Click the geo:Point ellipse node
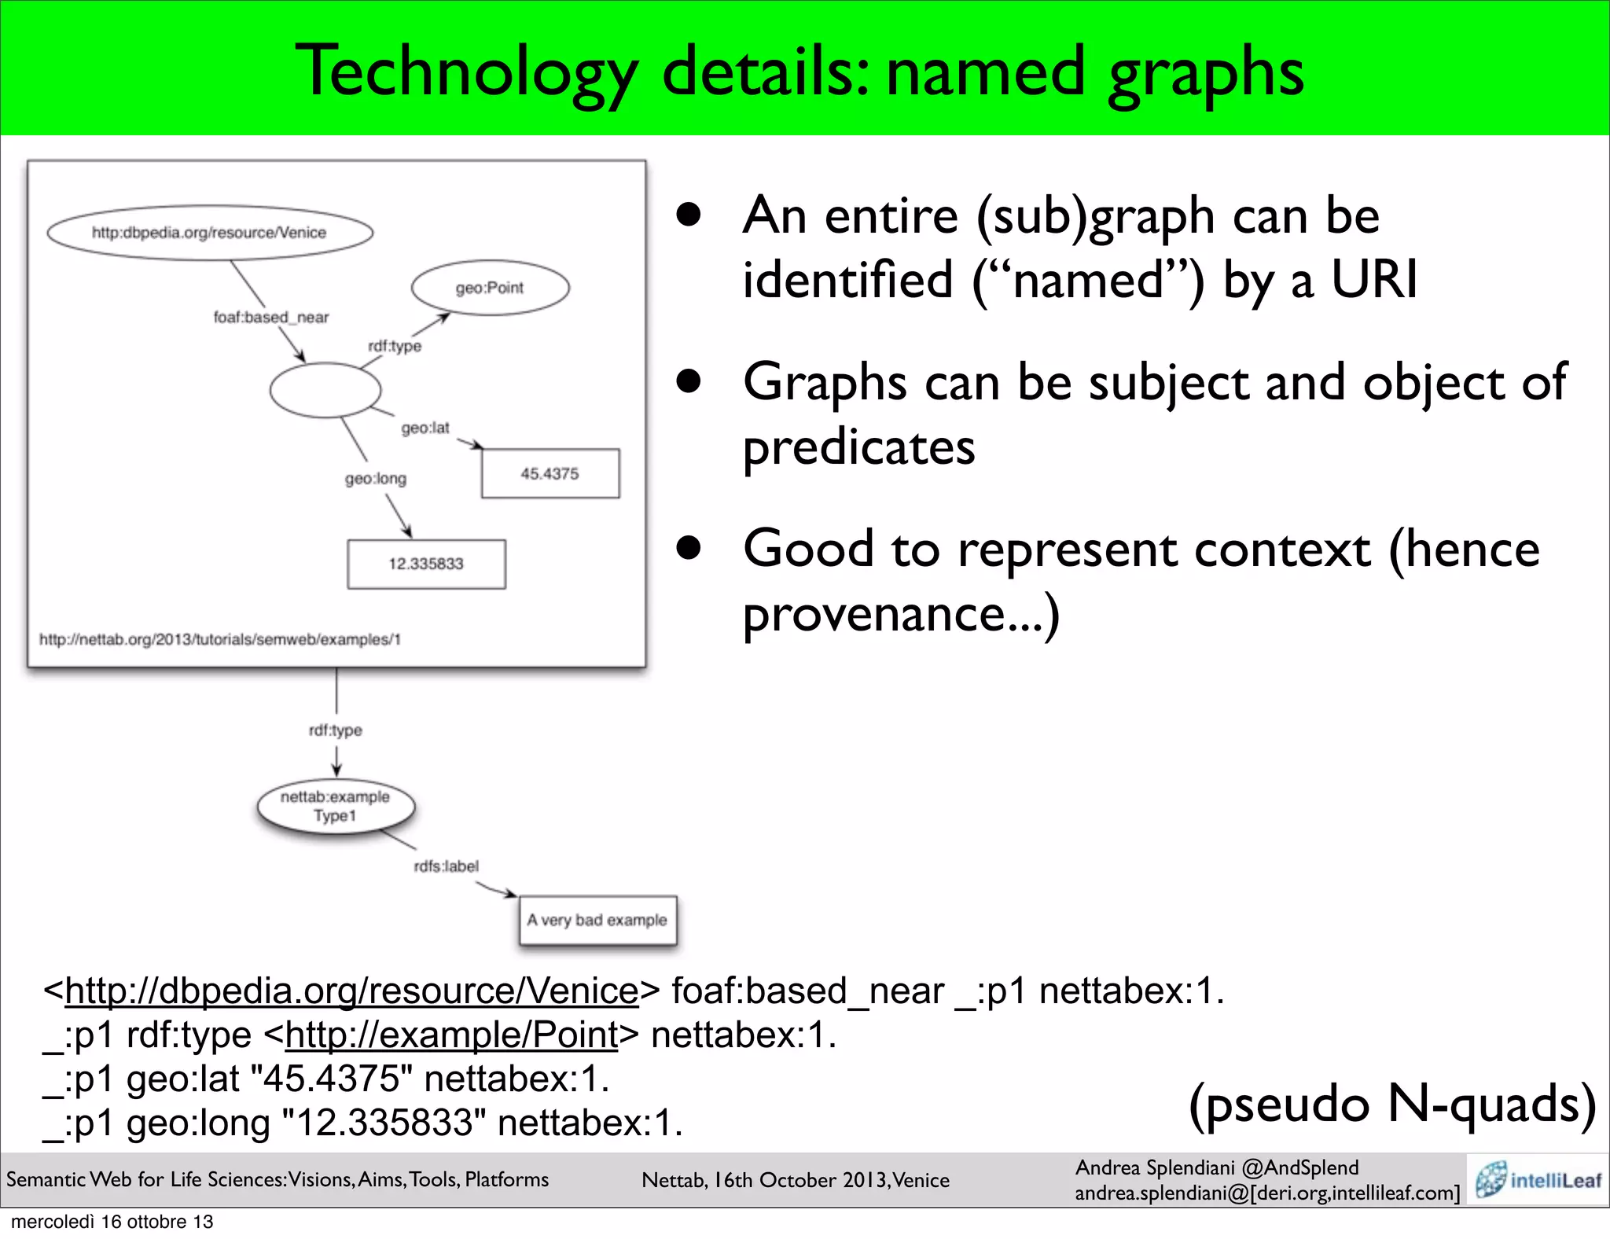pyautogui.click(x=490, y=288)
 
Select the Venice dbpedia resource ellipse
pyautogui.click(x=209, y=233)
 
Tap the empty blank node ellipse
pyautogui.click(x=325, y=390)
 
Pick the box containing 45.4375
pyautogui.click(x=550, y=473)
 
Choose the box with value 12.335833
pyautogui.click(x=426, y=564)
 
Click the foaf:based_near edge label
pyautogui.click(x=271, y=318)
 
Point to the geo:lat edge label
pyautogui.click(x=425, y=428)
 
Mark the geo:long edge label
pyautogui.click(x=376, y=479)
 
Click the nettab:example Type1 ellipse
pyautogui.click(x=336, y=807)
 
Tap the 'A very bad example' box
pyautogui.click(x=597, y=920)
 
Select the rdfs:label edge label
pyautogui.click(x=447, y=866)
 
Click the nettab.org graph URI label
pyautogui.click(x=220, y=639)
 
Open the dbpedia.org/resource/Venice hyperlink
pyautogui.click(x=351, y=991)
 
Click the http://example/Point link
pyautogui.click(x=451, y=1035)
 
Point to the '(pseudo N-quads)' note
pyautogui.click(x=1392, y=1104)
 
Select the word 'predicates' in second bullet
pyautogui.click(x=859, y=447)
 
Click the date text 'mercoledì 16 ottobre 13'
pyautogui.click(x=112, y=1222)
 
